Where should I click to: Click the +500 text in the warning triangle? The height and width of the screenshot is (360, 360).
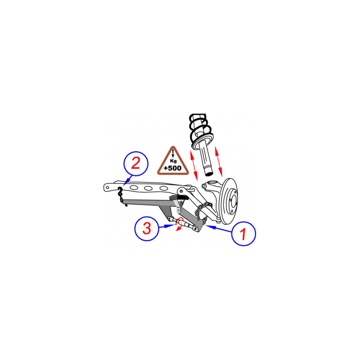point(172,168)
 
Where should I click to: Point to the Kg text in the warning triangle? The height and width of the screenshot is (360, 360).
point(173,161)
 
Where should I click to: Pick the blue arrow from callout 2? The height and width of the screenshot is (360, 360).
point(128,180)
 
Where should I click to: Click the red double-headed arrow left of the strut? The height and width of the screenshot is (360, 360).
point(194,165)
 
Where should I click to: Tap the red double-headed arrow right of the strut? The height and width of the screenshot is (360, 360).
point(219,161)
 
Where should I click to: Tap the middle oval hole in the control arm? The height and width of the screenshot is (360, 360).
point(148,189)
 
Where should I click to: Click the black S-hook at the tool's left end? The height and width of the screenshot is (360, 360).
point(120,194)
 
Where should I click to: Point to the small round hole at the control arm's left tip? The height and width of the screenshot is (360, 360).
point(107,188)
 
